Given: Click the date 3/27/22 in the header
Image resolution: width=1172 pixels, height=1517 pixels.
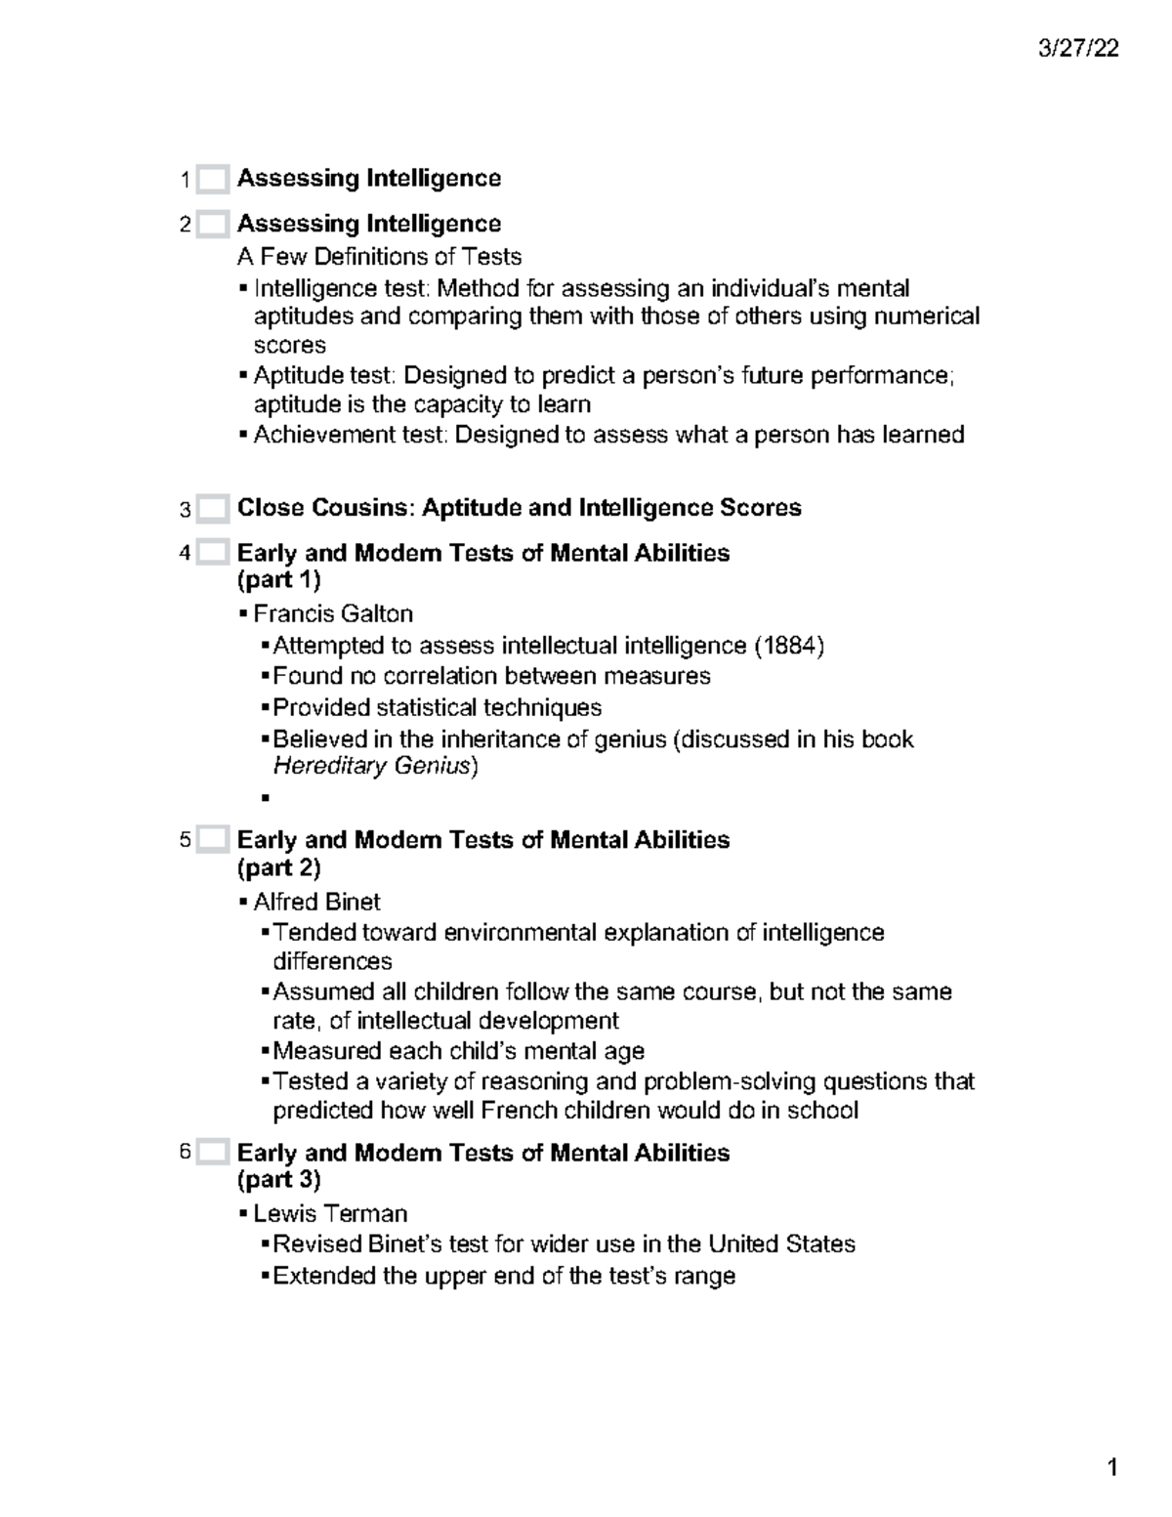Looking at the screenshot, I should tap(1078, 49).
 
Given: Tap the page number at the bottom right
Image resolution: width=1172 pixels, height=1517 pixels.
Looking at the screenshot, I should tap(1111, 1467).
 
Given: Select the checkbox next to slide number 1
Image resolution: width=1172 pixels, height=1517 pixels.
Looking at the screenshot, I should tap(212, 180).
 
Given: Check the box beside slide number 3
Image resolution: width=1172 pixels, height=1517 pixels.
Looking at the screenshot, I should tap(212, 509).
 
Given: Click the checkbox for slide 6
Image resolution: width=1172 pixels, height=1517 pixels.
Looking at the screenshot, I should tap(212, 1153).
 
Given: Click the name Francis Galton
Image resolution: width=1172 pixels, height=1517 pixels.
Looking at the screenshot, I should tap(332, 613).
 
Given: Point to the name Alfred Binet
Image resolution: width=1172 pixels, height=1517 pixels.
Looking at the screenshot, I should tap(316, 901).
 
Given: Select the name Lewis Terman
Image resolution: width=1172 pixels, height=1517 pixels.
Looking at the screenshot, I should tap(330, 1213).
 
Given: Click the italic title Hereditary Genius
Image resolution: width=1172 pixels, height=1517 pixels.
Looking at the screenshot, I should tap(372, 766).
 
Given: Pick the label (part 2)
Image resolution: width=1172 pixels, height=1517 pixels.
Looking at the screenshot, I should tap(278, 867).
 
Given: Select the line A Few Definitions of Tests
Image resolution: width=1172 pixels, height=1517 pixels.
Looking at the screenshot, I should tap(379, 257).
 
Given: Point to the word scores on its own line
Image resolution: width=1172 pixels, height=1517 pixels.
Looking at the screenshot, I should tap(289, 346).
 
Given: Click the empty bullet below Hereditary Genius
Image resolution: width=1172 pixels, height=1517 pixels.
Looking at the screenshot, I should tap(265, 798).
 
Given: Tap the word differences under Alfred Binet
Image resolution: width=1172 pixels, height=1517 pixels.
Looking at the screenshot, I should tap(332, 961).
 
